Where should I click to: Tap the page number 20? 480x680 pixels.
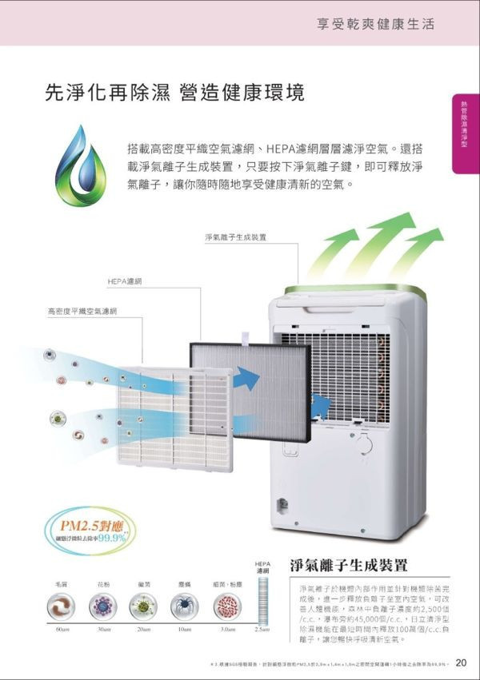click(462, 662)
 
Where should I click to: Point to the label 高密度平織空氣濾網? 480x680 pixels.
click(82, 310)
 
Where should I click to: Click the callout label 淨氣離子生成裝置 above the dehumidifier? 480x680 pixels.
click(235, 237)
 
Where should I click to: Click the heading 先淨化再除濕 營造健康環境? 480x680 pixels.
click(174, 93)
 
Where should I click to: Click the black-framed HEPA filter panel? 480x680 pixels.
click(250, 392)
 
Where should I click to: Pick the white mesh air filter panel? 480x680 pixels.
click(174, 416)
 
